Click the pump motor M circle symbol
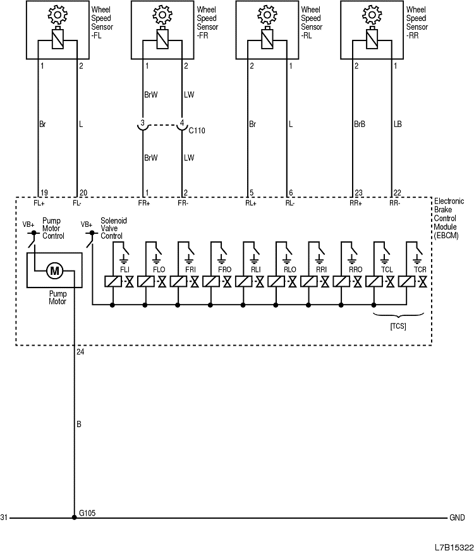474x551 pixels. coord(54,271)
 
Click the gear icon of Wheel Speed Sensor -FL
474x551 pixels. coord(58,13)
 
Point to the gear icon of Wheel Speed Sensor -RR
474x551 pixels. coord(372,13)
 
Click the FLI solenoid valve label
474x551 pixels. coord(125,269)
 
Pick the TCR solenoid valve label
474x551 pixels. coord(420,269)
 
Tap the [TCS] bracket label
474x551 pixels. coord(398,326)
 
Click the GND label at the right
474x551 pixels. coord(456,518)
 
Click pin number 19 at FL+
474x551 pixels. coord(44,192)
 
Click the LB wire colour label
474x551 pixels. coord(398,124)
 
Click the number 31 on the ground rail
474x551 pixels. coord(4,518)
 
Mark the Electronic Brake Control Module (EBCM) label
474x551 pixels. coord(449,218)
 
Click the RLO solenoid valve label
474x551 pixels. coord(290,269)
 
